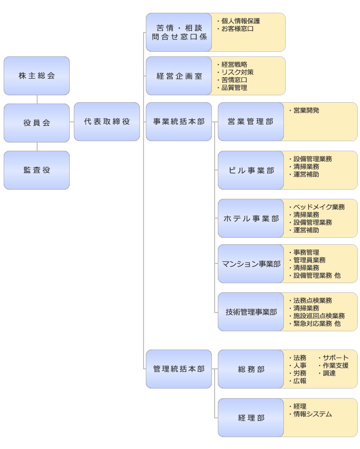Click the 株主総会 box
(x=37, y=76)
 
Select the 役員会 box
(x=37, y=123)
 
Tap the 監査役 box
(x=37, y=170)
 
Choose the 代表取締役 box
(x=107, y=122)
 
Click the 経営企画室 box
(x=179, y=76)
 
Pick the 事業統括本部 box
(x=179, y=122)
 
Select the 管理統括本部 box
(x=179, y=369)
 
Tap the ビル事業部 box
(x=251, y=170)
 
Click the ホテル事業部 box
(x=251, y=219)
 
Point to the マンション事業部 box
(x=251, y=264)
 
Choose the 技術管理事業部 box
(x=251, y=312)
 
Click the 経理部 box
(x=251, y=418)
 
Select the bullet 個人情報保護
(x=238, y=21)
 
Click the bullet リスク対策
(x=235, y=72)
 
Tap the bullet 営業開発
(x=304, y=110)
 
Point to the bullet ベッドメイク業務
(x=317, y=207)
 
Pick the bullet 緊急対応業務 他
(x=315, y=323)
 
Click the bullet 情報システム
(x=310, y=414)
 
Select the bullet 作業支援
(x=333, y=366)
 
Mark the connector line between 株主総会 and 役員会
(x=37, y=99)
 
